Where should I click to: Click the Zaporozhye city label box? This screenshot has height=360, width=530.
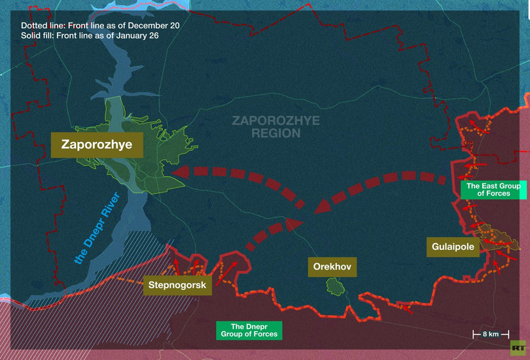[96, 145]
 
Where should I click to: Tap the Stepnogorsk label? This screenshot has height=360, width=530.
[177, 285]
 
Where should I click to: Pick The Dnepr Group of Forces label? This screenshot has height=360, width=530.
[248, 330]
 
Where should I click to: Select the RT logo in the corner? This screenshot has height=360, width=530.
[519, 348]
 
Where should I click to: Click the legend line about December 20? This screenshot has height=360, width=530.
[99, 25]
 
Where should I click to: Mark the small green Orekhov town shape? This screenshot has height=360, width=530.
[335, 286]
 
